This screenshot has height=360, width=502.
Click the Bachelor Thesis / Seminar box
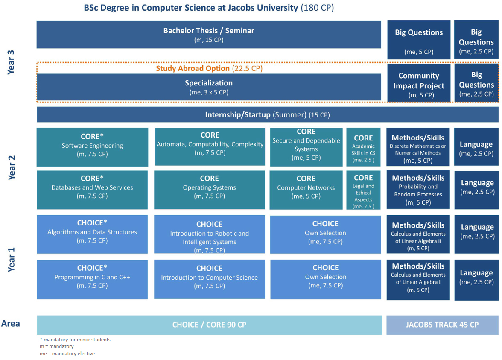click(x=209, y=35)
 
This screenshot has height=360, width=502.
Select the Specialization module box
click(x=209, y=87)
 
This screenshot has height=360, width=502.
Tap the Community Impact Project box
click(x=419, y=83)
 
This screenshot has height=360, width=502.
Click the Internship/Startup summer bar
click(x=268, y=114)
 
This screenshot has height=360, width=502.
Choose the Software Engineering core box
click(x=92, y=147)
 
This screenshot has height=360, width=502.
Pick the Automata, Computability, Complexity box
click(x=210, y=147)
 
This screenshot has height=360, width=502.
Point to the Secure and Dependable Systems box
click(x=306, y=147)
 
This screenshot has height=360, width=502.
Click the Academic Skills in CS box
click(x=363, y=147)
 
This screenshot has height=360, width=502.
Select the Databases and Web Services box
click(x=92, y=190)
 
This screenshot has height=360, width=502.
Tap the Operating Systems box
click(x=209, y=190)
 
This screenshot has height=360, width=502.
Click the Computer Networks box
click(x=306, y=190)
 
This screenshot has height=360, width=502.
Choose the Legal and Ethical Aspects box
click(x=363, y=190)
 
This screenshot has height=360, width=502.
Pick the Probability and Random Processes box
click(x=418, y=190)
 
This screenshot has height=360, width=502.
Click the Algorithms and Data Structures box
click(x=92, y=234)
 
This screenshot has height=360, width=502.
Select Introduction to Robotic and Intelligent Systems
click(x=209, y=234)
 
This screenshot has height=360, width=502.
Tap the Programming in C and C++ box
click(x=92, y=280)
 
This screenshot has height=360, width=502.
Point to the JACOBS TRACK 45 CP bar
click(x=442, y=325)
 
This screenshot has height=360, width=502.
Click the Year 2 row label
click(x=11, y=167)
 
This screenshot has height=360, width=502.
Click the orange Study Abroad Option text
click(x=193, y=68)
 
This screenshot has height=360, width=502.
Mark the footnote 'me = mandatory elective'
click(x=67, y=354)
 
